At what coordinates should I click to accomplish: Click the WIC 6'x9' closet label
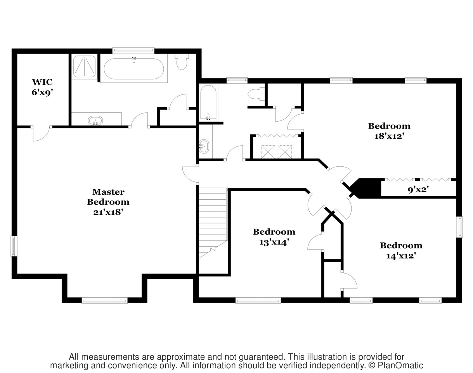(x=42, y=87)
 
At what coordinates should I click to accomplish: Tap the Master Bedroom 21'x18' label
(x=108, y=202)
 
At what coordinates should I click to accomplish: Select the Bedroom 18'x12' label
(x=389, y=131)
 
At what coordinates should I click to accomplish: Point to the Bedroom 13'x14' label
(x=274, y=237)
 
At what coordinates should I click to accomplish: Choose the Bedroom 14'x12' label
(x=401, y=251)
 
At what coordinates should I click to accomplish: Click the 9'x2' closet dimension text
(x=419, y=189)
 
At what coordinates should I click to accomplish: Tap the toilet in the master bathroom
(x=182, y=62)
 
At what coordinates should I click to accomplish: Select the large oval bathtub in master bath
(x=134, y=68)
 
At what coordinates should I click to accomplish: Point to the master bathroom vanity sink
(x=95, y=120)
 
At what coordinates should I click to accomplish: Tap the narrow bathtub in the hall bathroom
(x=208, y=103)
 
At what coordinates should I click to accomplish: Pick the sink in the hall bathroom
(x=204, y=146)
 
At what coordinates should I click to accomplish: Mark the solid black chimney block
(x=365, y=188)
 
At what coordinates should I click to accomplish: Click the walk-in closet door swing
(x=41, y=133)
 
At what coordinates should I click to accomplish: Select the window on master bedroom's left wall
(x=14, y=246)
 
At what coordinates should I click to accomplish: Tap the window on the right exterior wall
(x=459, y=227)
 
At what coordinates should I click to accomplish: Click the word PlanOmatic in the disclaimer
(x=400, y=366)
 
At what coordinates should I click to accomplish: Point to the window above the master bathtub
(x=133, y=51)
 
